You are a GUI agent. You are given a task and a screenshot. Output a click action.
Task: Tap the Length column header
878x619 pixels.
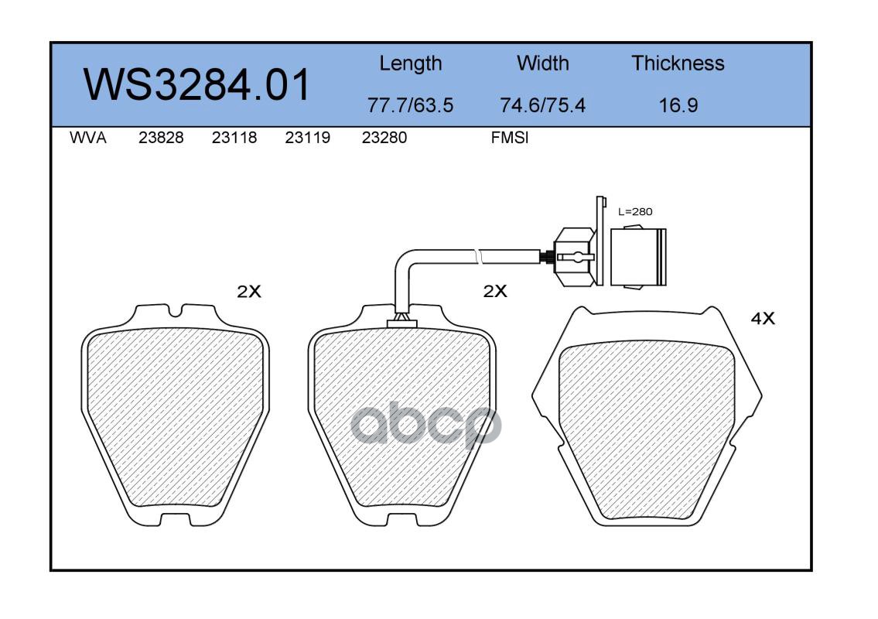(x=411, y=63)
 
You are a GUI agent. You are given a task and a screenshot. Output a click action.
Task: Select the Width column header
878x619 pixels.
(x=542, y=63)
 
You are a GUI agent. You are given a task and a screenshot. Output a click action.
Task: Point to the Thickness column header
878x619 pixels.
(x=678, y=63)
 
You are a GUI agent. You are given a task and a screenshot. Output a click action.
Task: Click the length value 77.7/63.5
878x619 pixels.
(x=410, y=105)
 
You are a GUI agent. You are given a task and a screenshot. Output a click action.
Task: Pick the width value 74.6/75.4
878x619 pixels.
(x=542, y=105)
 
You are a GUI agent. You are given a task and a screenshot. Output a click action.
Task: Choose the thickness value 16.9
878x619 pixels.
(x=678, y=105)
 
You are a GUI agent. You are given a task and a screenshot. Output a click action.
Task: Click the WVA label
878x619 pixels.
(x=88, y=138)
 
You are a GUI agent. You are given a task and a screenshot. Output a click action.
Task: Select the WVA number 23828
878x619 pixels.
(x=161, y=138)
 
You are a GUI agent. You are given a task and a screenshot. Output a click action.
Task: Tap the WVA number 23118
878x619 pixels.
(x=234, y=138)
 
